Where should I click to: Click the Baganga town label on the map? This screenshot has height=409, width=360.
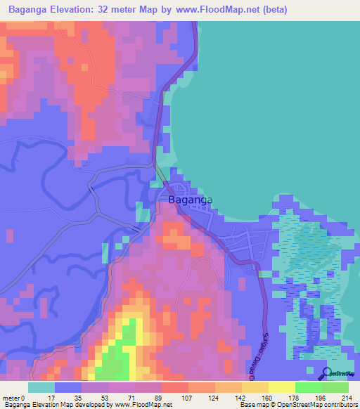point(191,200)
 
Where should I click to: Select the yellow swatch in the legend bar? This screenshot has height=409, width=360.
point(281,387)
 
